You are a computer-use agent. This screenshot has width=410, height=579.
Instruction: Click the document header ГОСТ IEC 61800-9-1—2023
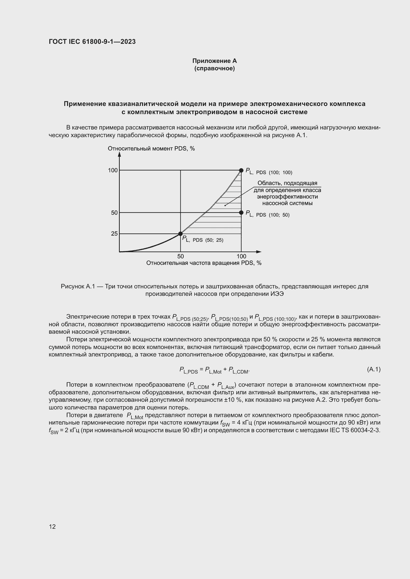(92, 42)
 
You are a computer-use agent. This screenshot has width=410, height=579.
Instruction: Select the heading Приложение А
(214, 61)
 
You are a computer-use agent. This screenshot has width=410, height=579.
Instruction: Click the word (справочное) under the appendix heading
(214, 68)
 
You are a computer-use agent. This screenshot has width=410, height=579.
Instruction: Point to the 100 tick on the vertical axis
(113, 170)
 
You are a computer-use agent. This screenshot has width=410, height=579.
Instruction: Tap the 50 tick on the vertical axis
(114, 213)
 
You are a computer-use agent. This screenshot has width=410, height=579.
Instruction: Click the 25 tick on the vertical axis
(114, 233)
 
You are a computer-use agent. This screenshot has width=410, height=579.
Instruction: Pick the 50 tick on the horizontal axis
(180, 256)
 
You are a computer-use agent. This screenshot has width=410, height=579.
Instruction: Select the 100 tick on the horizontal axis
(241, 256)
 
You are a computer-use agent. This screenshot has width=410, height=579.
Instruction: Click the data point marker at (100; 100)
(241, 170)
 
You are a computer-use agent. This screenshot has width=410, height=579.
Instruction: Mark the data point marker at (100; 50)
(241, 213)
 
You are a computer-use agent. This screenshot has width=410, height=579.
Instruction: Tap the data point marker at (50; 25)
(180, 233)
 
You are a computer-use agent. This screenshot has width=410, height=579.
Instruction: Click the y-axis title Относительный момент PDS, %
(151, 149)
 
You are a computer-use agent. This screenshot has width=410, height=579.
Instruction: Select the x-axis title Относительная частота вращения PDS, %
(204, 263)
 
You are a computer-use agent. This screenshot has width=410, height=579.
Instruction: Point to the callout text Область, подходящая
(287, 183)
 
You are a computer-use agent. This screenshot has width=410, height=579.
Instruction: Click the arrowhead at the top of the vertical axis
(119, 154)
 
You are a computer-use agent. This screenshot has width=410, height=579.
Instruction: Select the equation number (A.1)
(373, 369)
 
